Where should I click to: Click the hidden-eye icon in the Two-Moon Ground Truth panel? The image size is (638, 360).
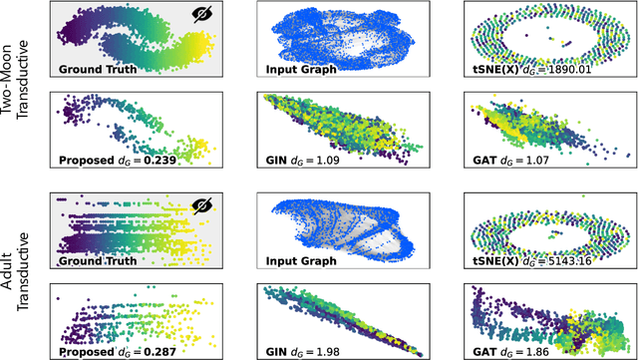click(x=200, y=17)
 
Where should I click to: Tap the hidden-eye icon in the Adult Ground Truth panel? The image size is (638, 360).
click(x=200, y=206)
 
